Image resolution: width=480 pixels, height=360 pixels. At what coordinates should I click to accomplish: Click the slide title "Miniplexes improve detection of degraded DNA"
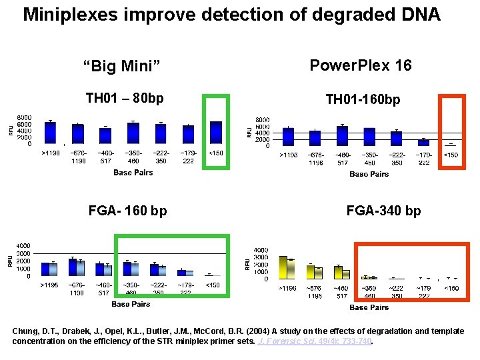[x=231, y=15]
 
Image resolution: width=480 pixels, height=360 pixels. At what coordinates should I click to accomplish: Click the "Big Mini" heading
[x=124, y=66]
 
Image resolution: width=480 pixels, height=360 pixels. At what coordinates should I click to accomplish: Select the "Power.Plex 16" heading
[x=361, y=65]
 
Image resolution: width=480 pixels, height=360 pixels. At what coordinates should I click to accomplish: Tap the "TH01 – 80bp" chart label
[x=125, y=99]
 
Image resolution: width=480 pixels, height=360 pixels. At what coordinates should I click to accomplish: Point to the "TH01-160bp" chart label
[x=363, y=99]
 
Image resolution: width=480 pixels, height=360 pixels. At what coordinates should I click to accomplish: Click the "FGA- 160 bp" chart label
[x=128, y=211]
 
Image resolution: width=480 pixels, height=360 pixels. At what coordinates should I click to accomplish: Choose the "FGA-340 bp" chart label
[x=383, y=211]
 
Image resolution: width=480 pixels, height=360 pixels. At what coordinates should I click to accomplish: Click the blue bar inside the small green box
[x=216, y=133]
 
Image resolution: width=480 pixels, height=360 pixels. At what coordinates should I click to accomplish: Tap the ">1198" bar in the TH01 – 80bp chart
[x=51, y=133]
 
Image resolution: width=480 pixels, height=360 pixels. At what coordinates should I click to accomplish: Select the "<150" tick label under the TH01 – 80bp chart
[x=216, y=153]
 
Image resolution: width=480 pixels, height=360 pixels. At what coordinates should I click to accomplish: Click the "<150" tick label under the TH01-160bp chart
[x=451, y=155]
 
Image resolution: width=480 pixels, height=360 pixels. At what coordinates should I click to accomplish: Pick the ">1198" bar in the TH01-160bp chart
[x=288, y=137]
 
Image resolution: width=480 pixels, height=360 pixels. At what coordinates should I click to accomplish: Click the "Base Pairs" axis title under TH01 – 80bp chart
[x=133, y=173]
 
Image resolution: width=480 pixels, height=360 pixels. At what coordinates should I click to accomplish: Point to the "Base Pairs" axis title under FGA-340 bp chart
[x=369, y=307]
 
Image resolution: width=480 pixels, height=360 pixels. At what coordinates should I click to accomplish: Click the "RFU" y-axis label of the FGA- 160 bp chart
[x=11, y=260]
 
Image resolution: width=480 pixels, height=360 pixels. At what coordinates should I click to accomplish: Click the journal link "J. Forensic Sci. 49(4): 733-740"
[x=315, y=341]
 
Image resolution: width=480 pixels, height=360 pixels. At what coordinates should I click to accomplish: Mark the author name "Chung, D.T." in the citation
[x=33, y=331]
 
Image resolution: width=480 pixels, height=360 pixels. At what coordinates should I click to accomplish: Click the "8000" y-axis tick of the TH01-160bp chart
[x=262, y=120]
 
